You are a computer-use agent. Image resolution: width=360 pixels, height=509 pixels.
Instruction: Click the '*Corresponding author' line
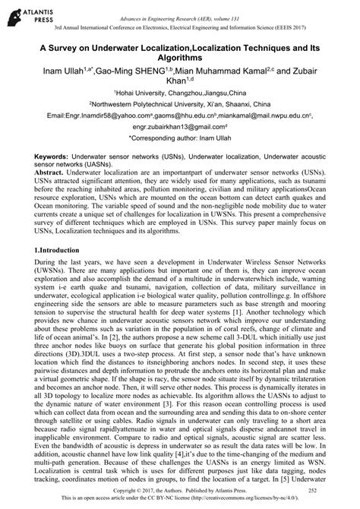click(x=180, y=141)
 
